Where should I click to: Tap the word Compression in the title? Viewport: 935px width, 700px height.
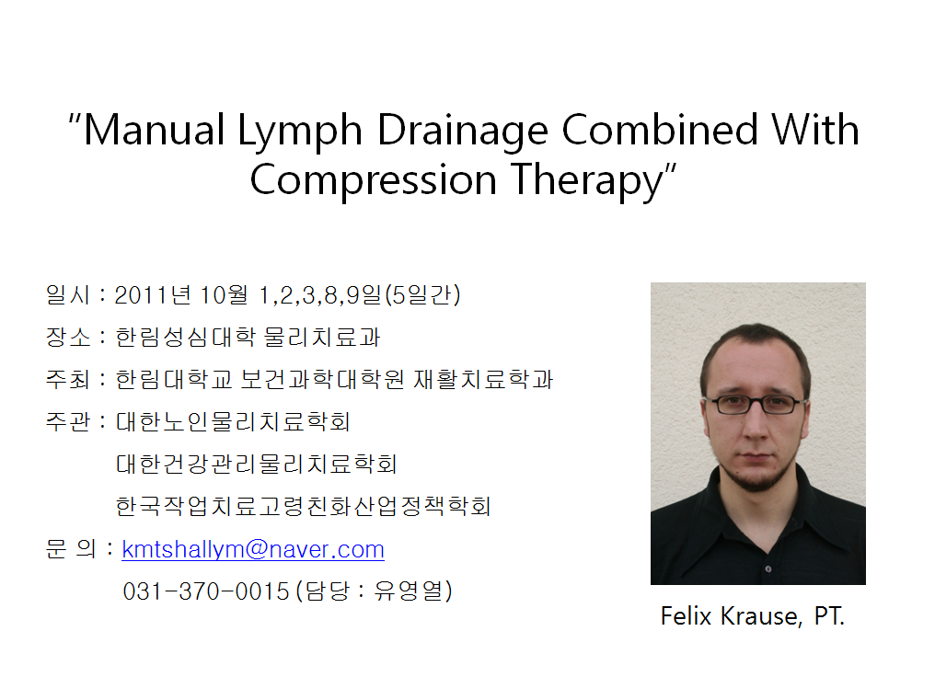point(374,180)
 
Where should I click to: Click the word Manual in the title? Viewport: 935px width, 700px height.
point(154,130)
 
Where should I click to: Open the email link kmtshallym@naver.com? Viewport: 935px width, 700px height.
point(253,549)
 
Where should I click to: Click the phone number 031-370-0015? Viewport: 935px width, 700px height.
point(206,591)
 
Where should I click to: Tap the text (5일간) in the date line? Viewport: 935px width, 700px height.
point(422,294)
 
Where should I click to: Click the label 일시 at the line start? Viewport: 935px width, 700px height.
point(67,294)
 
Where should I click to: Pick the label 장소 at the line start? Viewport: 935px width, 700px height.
point(67,337)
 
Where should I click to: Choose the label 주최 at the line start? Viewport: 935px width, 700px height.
point(67,379)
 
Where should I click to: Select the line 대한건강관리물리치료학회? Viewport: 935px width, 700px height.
point(257,464)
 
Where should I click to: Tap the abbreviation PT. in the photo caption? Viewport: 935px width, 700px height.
point(829,616)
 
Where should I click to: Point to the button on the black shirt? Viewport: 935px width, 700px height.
point(768,568)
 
